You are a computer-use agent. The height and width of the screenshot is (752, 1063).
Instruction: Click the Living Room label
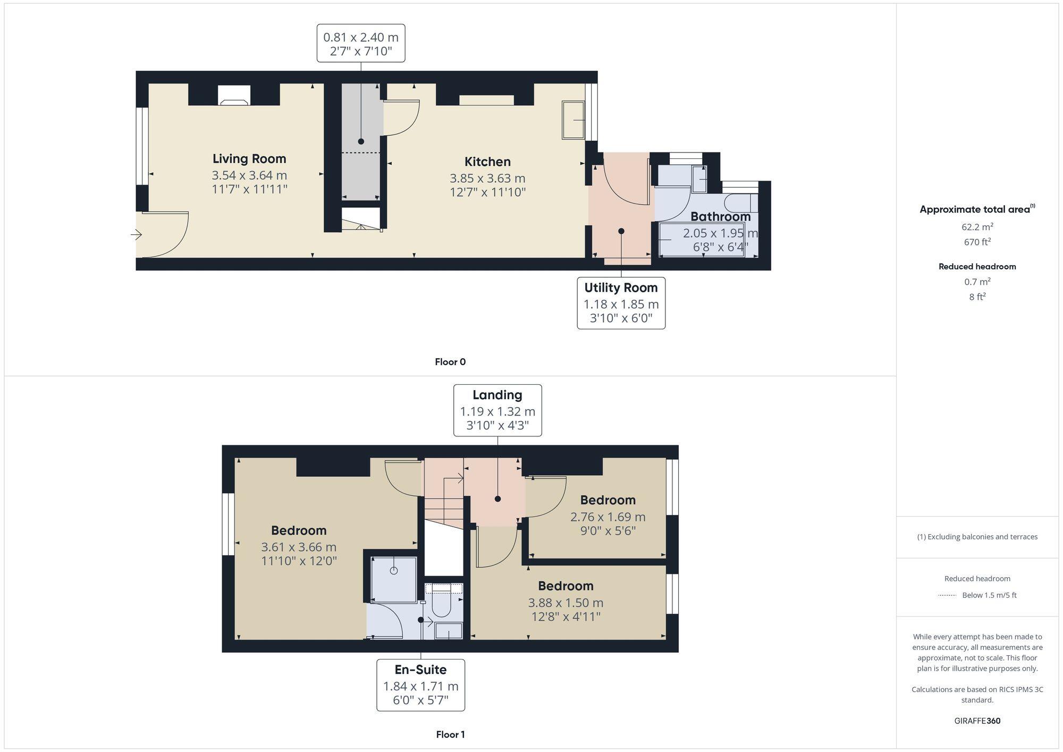249,158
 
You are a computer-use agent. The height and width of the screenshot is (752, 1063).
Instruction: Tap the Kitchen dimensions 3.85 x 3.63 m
487,178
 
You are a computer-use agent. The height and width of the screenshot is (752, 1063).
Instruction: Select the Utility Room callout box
621,303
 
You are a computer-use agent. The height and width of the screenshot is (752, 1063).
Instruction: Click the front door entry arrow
136,234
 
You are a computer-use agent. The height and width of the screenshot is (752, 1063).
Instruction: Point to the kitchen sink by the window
573,120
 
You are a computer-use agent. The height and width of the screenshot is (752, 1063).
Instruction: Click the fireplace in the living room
234,96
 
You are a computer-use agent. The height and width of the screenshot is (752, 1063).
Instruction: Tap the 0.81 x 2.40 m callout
361,43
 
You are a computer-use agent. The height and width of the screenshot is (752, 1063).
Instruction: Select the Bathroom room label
720,216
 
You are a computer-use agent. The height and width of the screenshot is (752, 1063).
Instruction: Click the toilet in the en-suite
441,604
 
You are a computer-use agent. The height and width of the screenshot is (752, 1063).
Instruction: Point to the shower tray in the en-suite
393,579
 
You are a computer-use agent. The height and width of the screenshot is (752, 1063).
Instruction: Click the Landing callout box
497,410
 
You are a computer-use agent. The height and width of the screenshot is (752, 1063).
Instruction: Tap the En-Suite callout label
420,670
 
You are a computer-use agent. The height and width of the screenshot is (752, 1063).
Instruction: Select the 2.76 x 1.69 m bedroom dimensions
608,517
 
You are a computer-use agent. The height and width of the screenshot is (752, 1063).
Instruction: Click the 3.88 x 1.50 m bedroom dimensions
566,603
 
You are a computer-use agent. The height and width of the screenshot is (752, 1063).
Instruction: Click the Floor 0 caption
450,362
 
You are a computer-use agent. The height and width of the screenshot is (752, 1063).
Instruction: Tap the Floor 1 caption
450,734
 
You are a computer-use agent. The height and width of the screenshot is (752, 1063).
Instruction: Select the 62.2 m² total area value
977,227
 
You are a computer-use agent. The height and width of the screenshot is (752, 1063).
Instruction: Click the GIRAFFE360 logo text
977,721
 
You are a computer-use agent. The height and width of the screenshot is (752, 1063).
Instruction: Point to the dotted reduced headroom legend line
947,595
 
